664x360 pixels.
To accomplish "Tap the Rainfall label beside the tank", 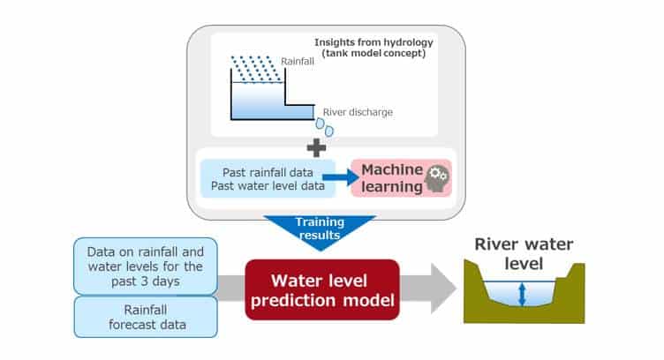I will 295,62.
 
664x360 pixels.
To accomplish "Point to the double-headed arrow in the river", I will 522,294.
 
